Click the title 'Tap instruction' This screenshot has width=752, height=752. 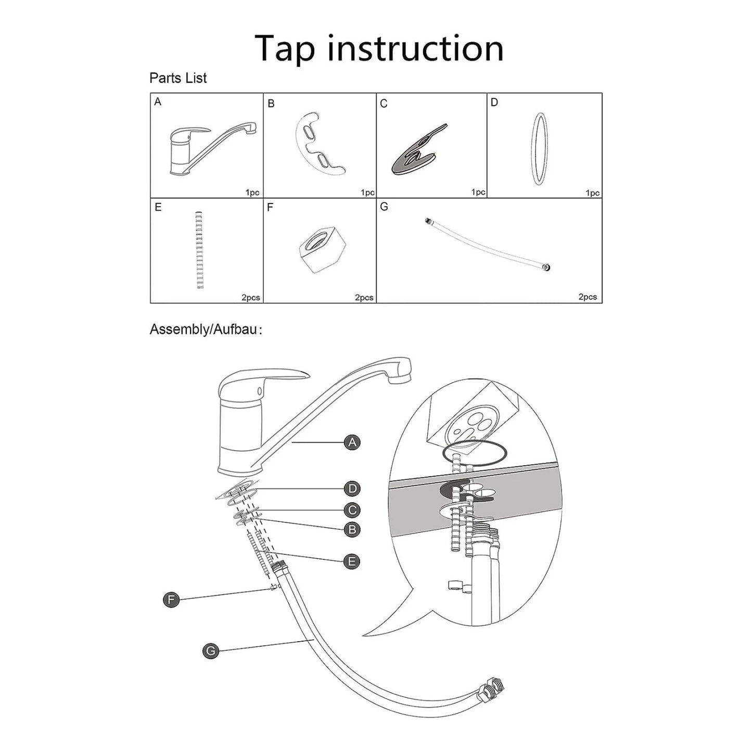click(x=379, y=48)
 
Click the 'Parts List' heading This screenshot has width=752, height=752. click(x=178, y=78)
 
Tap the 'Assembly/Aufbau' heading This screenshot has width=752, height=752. click(x=206, y=329)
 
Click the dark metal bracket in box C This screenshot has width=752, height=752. click(x=418, y=151)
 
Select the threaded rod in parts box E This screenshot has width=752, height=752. click(x=199, y=250)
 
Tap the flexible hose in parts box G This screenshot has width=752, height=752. click(x=487, y=244)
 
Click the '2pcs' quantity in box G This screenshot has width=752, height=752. click(x=588, y=297)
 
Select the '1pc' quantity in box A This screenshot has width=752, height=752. click(x=252, y=193)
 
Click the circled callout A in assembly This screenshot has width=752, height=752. click(x=352, y=443)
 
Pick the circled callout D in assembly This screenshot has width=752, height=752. click(x=352, y=489)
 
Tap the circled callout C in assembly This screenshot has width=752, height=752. click(x=352, y=510)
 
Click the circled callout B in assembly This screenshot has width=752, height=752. click(x=352, y=530)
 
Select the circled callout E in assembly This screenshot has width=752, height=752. click(x=352, y=562)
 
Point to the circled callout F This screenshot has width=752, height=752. click(x=171, y=600)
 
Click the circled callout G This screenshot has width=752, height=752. click(x=210, y=651)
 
